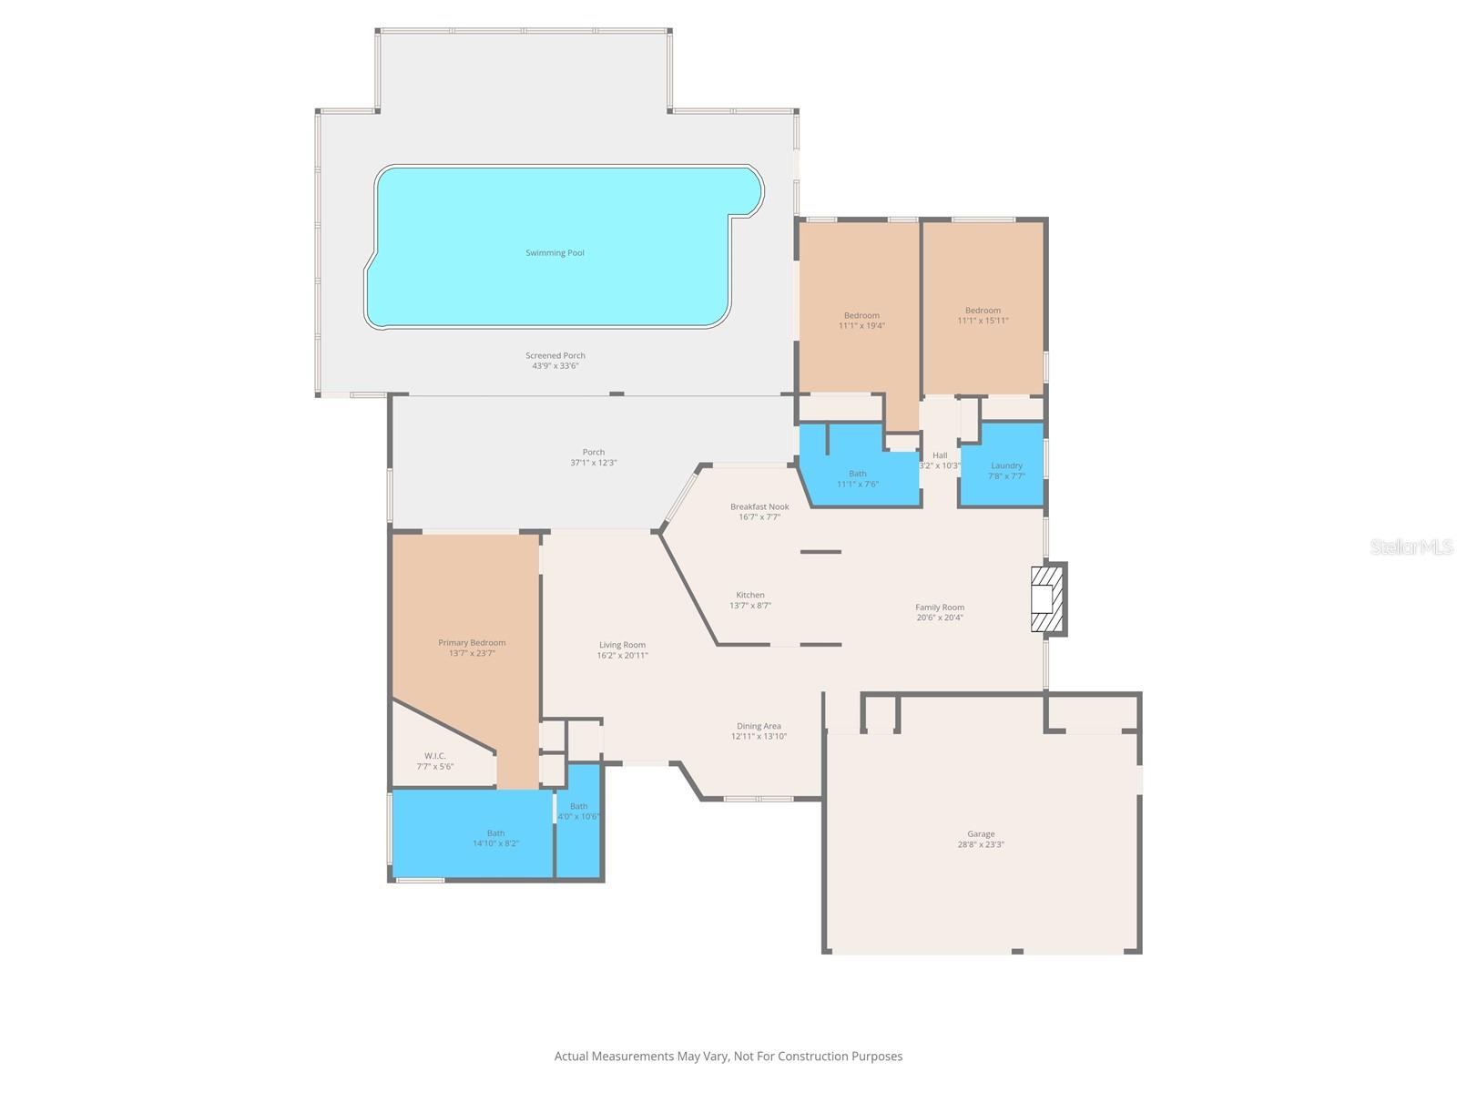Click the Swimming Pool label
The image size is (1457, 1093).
click(x=555, y=253)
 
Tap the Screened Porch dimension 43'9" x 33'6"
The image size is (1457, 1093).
click(x=555, y=366)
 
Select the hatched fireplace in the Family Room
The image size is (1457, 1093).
click(x=1046, y=599)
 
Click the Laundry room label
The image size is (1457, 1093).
click(x=1006, y=465)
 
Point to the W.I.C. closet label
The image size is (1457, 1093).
click(x=434, y=756)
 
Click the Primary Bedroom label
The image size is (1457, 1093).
click(x=472, y=643)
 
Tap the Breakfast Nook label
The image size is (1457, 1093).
click(x=759, y=506)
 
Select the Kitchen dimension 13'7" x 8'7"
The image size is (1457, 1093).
click(x=750, y=606)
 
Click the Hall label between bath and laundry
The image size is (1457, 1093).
click(x=940, y=455)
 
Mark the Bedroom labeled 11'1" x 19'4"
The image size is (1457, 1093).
click(x=861, y=321)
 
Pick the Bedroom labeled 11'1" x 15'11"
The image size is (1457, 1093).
click(x=983, y=315)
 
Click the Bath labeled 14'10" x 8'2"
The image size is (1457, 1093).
click(x=495, y=838)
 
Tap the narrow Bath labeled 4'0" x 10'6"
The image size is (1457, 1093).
click(x=578, y=811)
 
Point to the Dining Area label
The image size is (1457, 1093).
click(x=759, y=727)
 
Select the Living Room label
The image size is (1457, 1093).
click(x=622, y=645)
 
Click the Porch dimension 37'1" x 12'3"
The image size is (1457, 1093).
click(x=594, y=463)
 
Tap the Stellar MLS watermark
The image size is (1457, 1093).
click(x=1411, y=546)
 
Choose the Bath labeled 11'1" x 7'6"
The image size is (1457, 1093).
click(x=858, y=478)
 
